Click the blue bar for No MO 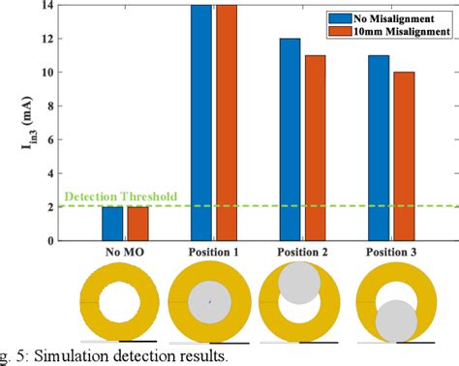tap(113, 224)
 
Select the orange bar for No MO tap(138, 224)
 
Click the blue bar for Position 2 tap(290, 139)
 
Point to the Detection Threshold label tap(121, 197)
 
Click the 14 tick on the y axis tap(47, 7)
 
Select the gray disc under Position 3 tap(394, 320)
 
